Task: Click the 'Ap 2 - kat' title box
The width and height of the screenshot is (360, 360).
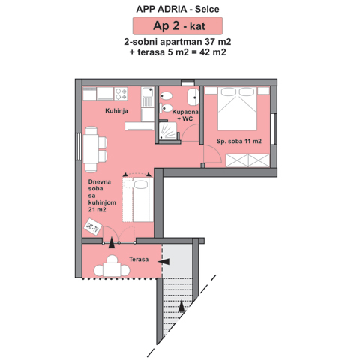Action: [x=178, y=25]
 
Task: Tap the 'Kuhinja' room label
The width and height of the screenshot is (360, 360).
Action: [x=116, y=110]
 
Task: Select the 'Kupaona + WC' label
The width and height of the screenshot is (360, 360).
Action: [x=185, y=115]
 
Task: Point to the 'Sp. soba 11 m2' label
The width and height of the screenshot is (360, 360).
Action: [x=239, y=141]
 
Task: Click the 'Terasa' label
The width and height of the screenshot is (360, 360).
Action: [x=139, y=259]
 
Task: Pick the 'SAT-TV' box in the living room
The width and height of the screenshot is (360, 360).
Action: [x=93, y=226]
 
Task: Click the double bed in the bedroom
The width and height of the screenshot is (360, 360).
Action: [x=238, y=109]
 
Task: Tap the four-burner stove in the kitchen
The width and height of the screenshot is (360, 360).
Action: [x=121, y=94]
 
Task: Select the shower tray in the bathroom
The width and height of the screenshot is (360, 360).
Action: [x=168, y=131]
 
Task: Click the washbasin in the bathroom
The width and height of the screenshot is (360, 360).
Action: [x=193, y=97]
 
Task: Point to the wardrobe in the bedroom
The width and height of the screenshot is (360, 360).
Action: [x=247, y=160]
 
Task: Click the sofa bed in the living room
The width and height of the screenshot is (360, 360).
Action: [x=138, y=199]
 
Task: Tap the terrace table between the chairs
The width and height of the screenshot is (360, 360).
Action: [x=112, y=269]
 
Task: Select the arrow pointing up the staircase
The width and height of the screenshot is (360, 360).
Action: [x=181, y=307]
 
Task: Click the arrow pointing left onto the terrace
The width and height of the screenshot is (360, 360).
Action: [x=163, y=262]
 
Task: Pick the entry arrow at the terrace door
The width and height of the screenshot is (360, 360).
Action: [x=112, y=243]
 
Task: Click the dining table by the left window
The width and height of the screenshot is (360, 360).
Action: [x=91, y=149]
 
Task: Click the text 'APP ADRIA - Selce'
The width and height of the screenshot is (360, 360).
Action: [x=178, y=9]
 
